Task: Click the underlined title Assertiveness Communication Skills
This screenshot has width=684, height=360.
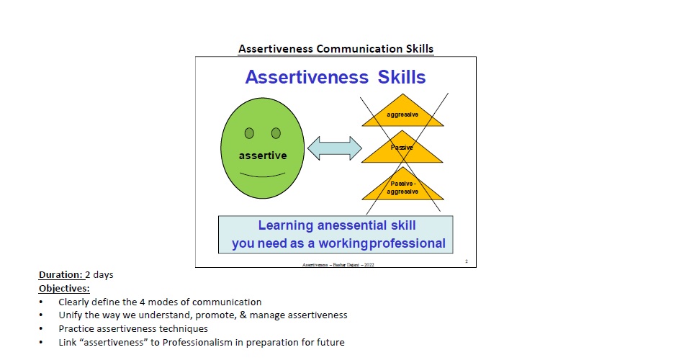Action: [336, 49]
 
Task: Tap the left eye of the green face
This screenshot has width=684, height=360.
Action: [249, 133]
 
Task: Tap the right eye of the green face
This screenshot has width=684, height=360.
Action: [275, 133]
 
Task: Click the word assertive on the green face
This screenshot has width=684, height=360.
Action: [262, 156]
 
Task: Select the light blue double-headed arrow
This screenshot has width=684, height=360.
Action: [334, 149]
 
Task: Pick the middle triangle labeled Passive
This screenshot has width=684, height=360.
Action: [402, 150]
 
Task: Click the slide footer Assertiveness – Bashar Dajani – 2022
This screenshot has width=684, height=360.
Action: [338, 264]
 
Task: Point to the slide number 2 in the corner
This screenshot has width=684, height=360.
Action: [466, 261]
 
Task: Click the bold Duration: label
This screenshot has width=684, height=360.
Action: [60, 275]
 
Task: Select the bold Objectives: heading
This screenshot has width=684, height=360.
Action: [63, 288]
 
